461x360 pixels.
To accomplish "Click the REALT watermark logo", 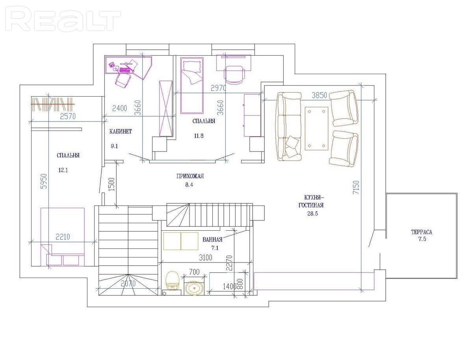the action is (x=63, y=21).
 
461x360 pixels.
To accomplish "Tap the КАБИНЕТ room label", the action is (x=121, y=131).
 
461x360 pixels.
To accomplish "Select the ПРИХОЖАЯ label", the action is (x=190, y=177).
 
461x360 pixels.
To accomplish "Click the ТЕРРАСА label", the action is (x=422, y=232).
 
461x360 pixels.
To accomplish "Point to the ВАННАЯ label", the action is (x=212, y=240).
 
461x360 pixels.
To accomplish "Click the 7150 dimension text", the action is (x=356, y=187).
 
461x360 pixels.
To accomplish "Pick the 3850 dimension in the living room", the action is (x=319, y=95).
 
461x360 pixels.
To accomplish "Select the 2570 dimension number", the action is (x=68, y=116).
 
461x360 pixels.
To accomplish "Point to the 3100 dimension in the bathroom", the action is (x=206, y=258).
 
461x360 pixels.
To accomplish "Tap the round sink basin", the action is (x=194, y=288).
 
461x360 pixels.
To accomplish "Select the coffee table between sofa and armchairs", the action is (x=317, y=129).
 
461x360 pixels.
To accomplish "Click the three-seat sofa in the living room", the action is (x=289, y=126).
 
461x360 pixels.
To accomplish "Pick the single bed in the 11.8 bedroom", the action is (x=192, y=85).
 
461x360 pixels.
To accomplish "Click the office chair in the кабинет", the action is (x=123, y=80).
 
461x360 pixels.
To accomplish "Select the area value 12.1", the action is (x=63, y=170).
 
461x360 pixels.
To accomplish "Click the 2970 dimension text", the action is (x=218, y=88).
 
